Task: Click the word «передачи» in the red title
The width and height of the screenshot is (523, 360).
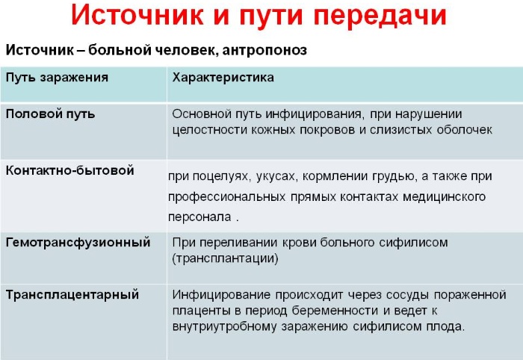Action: pos(380,16)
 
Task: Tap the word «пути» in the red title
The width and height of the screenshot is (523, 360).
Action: pos(270,16)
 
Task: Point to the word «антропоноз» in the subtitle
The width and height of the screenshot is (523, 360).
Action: pos(264,50)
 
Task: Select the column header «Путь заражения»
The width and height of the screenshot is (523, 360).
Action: pos(57,78)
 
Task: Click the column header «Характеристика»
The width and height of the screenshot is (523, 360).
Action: pos(223,78)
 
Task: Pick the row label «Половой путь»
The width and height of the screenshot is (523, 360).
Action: pos(50,114)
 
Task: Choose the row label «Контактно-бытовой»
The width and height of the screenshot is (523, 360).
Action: pos(70,170)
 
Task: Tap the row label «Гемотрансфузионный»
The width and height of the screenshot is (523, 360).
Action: pos(78,242)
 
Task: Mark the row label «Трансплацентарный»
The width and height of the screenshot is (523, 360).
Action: pos(72,295)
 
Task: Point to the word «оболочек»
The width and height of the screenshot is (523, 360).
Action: pos(465,130)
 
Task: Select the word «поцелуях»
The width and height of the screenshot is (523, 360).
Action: pos(221,176)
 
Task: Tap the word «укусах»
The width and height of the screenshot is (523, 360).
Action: pos(276,176)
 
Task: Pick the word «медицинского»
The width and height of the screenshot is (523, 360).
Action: pos(444,196)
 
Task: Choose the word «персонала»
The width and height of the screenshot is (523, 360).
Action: pos(199,217)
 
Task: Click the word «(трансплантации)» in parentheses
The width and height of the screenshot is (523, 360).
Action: pos(225,258)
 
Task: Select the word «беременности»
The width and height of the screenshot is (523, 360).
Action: pos(335,311)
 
